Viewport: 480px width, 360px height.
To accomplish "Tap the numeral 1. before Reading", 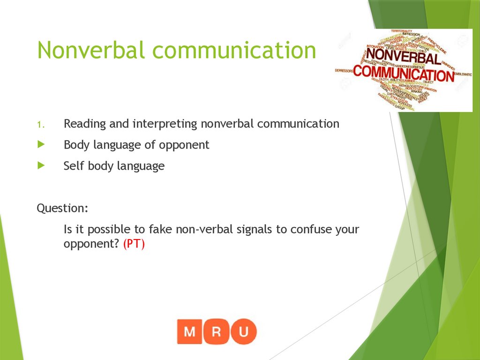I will [41, 125].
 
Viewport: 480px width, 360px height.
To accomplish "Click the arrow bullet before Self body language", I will [41, 166].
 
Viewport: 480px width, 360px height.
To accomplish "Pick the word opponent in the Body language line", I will [184, 145].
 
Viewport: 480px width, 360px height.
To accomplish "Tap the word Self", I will [73, 166].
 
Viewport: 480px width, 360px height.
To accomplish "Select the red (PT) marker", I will [134, 244].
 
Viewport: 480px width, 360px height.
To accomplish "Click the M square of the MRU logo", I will [190, 331].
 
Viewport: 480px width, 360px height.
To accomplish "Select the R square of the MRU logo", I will [217, 331].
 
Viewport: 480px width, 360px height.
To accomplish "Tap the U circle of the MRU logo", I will [244, 331].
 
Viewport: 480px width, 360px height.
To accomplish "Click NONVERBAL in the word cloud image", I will [403, 57].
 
